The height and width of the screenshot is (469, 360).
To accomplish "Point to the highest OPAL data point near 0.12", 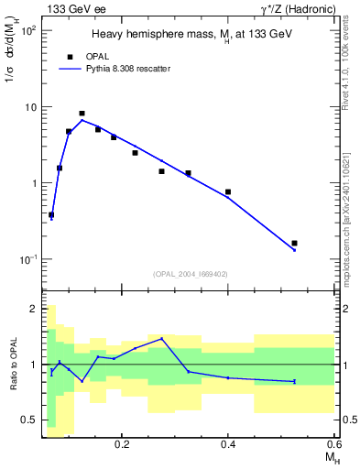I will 82,114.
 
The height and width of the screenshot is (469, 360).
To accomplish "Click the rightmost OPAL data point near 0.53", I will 294,244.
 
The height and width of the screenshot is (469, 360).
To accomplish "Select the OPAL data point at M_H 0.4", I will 228,192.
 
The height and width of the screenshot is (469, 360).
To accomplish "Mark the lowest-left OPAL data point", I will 51,215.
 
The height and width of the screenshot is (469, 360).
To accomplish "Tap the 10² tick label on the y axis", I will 27,31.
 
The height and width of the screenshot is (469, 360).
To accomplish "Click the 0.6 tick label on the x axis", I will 333,443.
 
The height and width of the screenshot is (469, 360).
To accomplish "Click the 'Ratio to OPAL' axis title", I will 13,365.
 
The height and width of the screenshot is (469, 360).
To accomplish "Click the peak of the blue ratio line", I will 162,339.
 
